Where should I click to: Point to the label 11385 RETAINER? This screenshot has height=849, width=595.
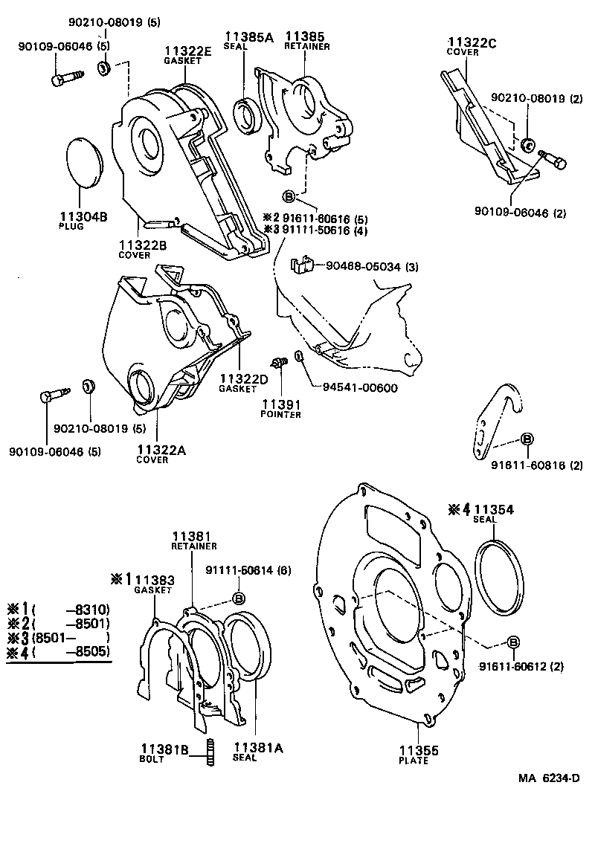point(306,39)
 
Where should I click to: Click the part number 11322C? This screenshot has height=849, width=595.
point(472,42)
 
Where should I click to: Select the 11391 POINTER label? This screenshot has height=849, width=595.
point(280,408)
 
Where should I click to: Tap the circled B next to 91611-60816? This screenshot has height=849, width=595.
point(526,439)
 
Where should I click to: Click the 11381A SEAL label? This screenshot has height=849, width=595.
point(258,752)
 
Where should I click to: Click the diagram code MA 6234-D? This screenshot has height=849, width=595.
point(549,778)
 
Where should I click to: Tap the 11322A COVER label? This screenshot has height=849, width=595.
point(162,453)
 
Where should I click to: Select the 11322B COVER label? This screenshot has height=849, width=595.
point(142,249)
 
